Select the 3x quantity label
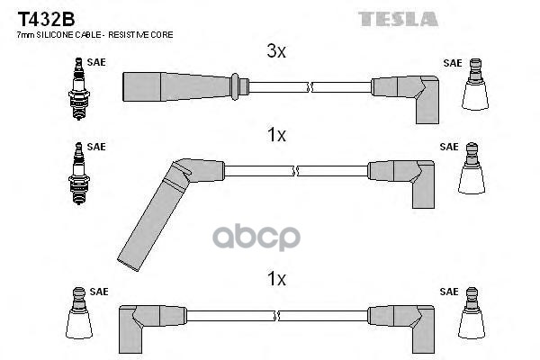[276, 52]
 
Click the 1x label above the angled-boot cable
[276, 135]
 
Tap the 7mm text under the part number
[25, 34]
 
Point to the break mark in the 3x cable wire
[310, 86]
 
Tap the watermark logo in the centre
[270, 238]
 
